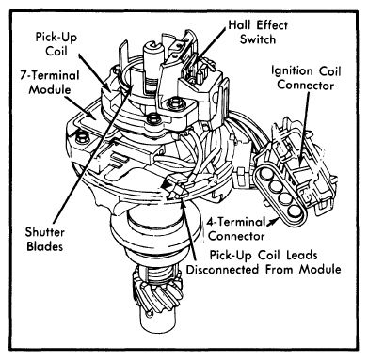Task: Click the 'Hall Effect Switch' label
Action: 258,32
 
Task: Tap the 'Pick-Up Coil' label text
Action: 56,44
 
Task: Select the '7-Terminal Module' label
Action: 50,83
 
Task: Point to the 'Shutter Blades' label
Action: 44,239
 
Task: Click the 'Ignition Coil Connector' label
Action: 306,78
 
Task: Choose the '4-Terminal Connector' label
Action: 236,228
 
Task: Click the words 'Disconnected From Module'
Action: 264,269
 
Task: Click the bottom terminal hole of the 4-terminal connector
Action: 296,212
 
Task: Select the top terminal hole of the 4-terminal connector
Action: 265,176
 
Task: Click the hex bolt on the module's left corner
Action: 83,137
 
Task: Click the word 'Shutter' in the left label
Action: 45,232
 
